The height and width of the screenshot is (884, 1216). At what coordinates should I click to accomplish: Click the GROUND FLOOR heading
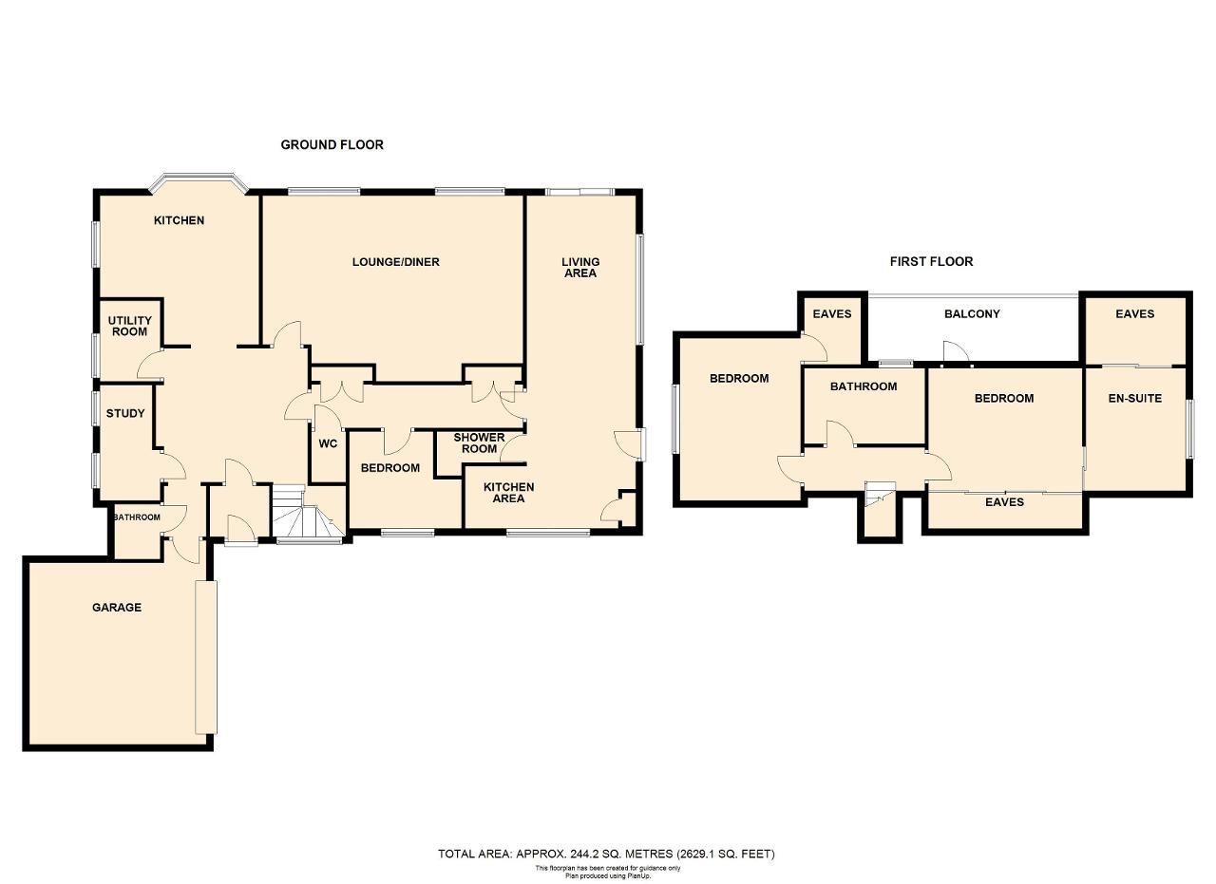[332, 145]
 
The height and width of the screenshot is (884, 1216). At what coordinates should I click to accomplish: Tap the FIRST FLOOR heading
[931, 261]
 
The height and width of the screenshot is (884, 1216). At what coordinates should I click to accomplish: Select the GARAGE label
[117, 608]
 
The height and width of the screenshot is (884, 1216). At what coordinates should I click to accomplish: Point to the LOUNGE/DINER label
[396, 262]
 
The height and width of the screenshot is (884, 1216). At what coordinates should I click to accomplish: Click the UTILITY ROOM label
[130, 326]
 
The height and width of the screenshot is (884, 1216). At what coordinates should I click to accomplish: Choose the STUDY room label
[125, 413]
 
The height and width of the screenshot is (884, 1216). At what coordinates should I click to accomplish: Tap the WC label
[328, 444]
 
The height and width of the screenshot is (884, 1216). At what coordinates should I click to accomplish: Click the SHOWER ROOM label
[480, 442]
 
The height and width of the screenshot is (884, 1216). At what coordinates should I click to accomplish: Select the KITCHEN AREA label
[508, 493]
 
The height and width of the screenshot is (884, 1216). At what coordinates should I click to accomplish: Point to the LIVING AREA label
[580, 268]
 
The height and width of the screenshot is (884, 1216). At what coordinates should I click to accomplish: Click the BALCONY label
[972, 314]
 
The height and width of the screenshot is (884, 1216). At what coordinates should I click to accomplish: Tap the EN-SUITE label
[1134, 398]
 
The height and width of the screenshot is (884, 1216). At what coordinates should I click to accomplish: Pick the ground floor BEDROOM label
[389, 468]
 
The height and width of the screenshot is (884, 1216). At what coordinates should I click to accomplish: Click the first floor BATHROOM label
[864, 386]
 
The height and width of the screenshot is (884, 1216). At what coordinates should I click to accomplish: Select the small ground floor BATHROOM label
[137, 517]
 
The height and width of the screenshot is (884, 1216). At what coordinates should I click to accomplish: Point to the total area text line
[606, 855]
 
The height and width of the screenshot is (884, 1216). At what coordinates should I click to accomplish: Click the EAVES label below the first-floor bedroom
[1004, 502]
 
